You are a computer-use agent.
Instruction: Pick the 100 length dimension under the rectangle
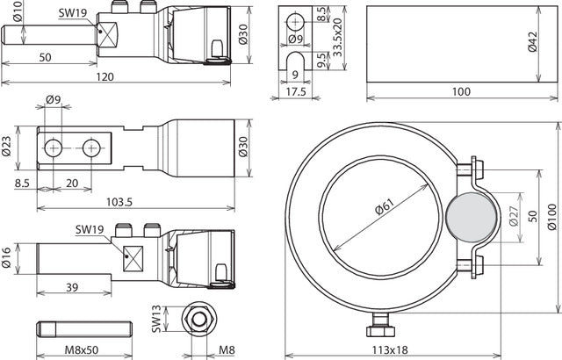pos(460,91)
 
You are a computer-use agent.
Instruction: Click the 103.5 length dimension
pos(118,202)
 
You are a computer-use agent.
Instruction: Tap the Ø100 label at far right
pos(552,221)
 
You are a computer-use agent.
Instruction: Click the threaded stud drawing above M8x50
pos(85,328)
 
